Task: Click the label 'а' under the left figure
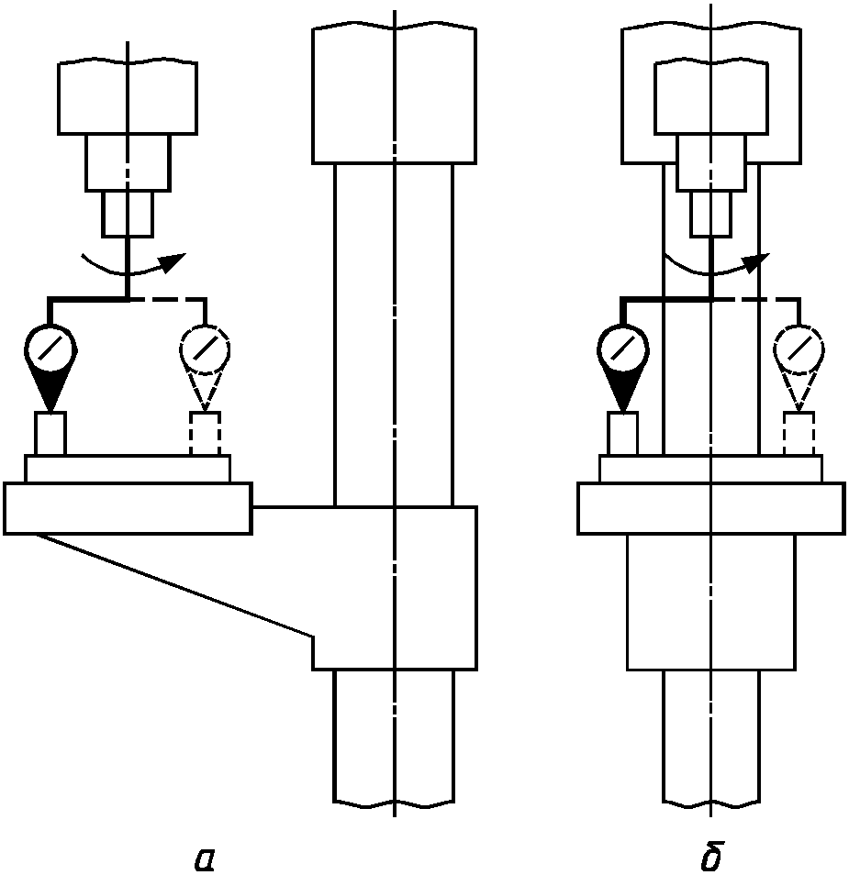pos(205,858)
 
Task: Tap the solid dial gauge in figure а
pos(51,349)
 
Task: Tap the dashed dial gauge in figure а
pos(206,349)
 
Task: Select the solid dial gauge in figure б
pos(623,349)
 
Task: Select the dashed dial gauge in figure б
pos(799,349)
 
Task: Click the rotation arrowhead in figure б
pos(755,262)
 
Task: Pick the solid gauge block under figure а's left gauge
pos(51,434)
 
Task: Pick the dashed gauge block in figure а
pos(206,434)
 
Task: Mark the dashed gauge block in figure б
pos(799,434)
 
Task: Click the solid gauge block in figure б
pos(623,434)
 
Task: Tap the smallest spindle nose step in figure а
pos(127,215)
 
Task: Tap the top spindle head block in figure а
pos(127,97)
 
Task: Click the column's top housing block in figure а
pos(394,94)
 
